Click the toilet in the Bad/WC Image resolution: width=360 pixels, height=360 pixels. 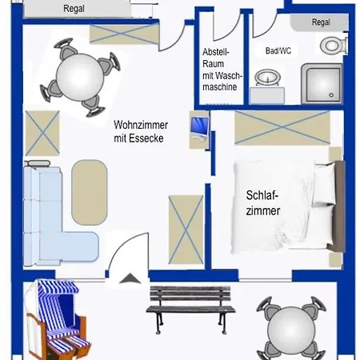pos(334,45)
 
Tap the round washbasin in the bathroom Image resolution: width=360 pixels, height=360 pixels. pos(267,78)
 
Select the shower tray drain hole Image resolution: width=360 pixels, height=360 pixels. pos(331,95)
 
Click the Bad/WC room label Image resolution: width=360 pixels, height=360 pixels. pos(278,50)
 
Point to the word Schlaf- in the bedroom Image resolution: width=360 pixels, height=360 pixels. pos(262,195)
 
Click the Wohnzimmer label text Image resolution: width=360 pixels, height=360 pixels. pos(141,125)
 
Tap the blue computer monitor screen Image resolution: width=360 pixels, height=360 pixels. pos(199,126)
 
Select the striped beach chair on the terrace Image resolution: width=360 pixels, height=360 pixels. pos(57,319)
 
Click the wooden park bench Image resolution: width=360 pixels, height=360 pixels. pos(190,309)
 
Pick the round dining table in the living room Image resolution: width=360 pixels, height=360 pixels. pos(80,78)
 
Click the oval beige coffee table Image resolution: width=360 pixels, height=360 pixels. pos(90,192)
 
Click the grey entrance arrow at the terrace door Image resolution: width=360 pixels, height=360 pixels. pos(130,278)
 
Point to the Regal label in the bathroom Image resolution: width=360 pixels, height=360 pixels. pos(321,22)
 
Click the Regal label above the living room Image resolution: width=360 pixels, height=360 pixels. pos(74,9)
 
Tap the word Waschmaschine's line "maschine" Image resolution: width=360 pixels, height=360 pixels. pos(219,87)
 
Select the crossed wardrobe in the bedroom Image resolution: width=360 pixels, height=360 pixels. pos(282,128)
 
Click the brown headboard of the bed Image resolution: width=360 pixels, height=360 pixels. pos(339,206)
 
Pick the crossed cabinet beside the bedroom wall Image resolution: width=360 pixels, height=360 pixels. pos(186,230)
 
